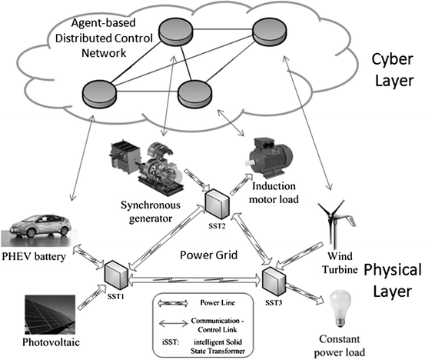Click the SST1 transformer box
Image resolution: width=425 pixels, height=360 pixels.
tap(117, 272)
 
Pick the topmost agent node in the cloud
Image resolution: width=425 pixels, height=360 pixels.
tap(177, 31)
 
